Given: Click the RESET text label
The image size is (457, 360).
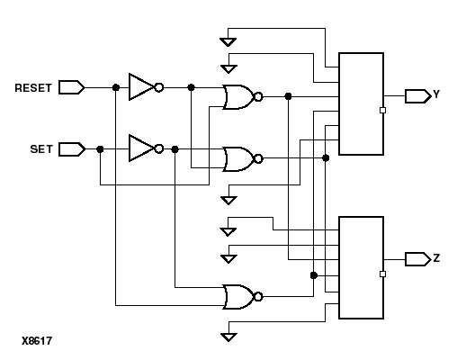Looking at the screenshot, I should tap(33, 88).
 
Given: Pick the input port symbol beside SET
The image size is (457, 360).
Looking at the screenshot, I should tap(72, 148).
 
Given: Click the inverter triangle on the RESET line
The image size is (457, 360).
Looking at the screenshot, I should tap(142, 87).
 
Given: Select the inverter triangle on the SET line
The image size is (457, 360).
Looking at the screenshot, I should tap(142, 148).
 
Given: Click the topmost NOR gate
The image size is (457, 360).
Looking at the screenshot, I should tap(239, 96).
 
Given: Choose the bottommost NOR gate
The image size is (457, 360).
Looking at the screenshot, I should tap(239, 296).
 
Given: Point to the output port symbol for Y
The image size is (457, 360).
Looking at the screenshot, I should tap(417, 95).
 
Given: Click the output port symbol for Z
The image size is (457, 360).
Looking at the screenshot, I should tap(417, 259).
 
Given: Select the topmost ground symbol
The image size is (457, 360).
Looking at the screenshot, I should tap(229, 40).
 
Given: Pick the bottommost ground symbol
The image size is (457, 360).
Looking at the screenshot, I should tap(229, 337).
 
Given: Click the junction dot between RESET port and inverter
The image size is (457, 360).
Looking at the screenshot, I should tap(115, 87).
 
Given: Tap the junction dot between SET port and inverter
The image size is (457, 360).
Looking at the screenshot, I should tap(99, 148).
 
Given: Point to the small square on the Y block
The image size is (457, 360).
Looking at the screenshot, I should tap(383, 111).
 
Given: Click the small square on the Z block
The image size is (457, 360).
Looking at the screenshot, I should tap(383, 274).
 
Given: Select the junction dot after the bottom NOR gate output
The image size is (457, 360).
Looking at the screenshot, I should tap(313, 275).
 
